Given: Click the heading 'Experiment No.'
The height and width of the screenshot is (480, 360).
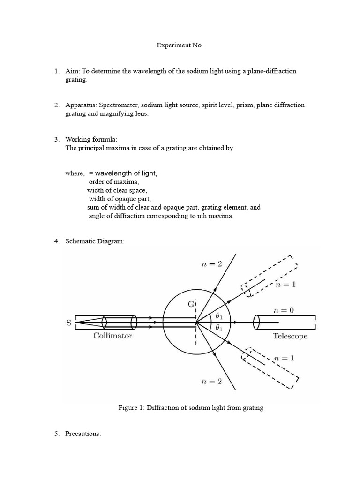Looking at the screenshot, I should pyautogui.click(x=180, y=45).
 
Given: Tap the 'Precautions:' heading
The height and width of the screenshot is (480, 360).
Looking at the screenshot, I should pyautogui.click(x=83, y=434).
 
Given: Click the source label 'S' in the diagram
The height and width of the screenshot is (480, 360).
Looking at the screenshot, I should pyautogui.click(x=69, y=323).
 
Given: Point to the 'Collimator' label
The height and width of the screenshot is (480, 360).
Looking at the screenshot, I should pyautogui.click(x=112, y=336).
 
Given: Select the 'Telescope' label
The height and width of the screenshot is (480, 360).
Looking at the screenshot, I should pyautogui.click(x=290, y=336).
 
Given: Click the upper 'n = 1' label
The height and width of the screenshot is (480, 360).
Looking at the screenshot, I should pyautogui.click(x=285, y=285).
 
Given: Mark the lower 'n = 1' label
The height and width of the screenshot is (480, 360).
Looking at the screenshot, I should pyautogui.click(x=285, y=358).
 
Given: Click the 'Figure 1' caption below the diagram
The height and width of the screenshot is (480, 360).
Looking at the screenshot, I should pyautogui.click(x=191, y=408).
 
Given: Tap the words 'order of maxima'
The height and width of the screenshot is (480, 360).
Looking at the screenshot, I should pyautogui.click(x=114, y=182).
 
